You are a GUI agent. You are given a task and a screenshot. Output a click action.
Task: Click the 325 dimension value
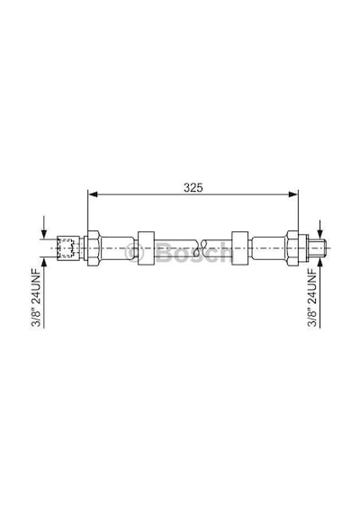(x=193, y=187)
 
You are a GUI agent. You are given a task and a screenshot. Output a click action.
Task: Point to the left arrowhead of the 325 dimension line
(x=94, y=194)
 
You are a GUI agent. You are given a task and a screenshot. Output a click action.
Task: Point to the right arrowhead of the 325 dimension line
(x=292, y=194)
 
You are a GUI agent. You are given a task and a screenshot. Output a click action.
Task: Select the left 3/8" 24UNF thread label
(x=35, y=297)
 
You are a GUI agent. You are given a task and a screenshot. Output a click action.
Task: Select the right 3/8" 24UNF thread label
(x=312, y=297)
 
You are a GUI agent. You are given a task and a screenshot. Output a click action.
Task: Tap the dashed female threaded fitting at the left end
(x=68, y=247)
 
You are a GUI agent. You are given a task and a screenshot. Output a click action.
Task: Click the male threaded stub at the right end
(x=318, y=247)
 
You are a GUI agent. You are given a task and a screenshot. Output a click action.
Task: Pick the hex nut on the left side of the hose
(x=94, y=247)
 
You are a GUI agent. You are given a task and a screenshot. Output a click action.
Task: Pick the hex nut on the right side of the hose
(x=292, y=247)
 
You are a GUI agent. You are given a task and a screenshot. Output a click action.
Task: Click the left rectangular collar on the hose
(x=146, y=247)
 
